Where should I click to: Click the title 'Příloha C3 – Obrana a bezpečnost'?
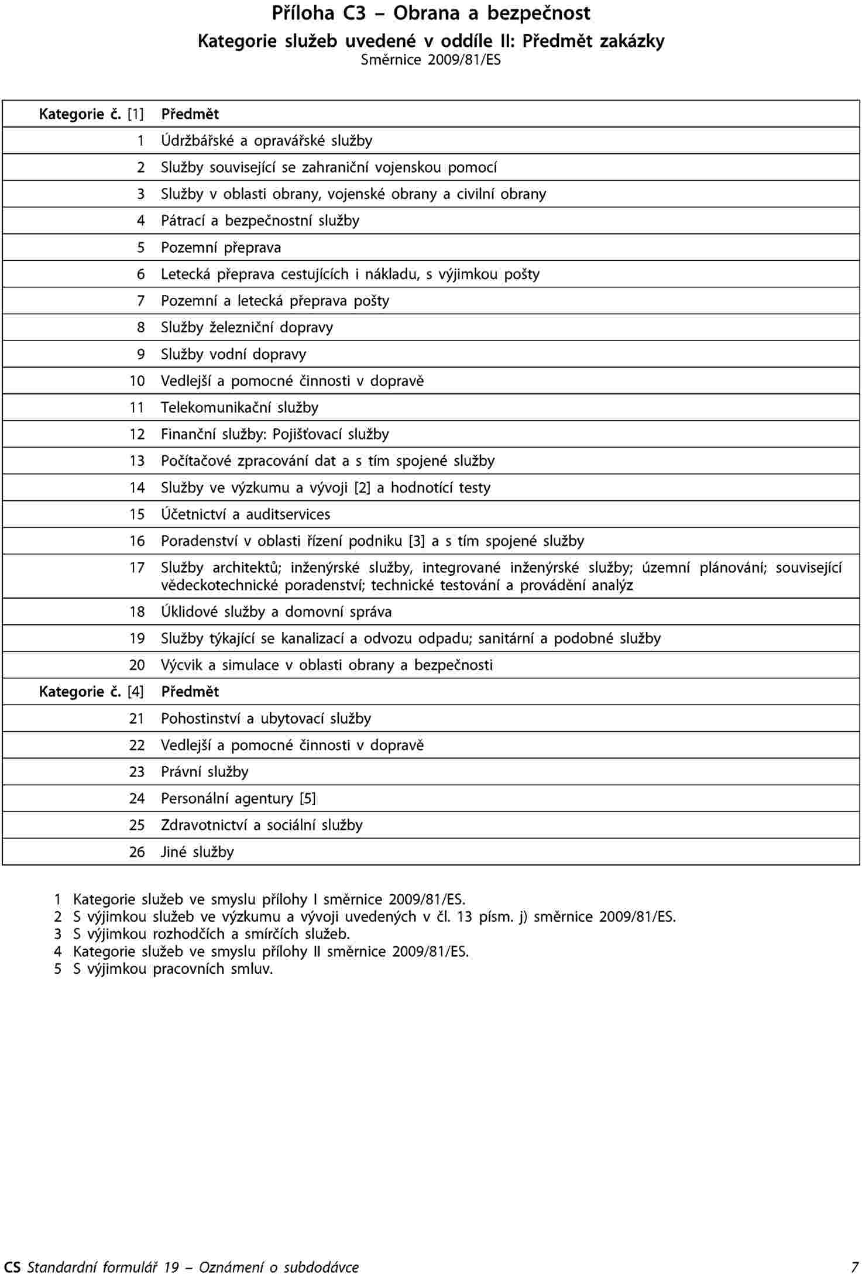coord(431,13)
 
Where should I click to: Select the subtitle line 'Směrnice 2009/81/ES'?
coord(431,60)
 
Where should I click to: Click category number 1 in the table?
coord(140,141)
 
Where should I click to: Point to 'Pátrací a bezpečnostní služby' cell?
coord(260,221)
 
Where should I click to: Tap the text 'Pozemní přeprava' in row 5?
coord(221,248)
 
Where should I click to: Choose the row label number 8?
coord(140,328)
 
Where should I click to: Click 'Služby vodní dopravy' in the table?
coord(233,355)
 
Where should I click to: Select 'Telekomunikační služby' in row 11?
coord(239,408)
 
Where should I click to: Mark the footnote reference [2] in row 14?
coord(362,488)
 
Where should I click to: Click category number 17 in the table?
coord(137,568)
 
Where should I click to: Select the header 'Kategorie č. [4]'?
coord(91,692)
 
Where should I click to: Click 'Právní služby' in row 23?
coord(205,772)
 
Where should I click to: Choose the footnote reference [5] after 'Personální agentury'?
coord(307,799)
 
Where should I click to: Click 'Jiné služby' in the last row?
coord(197,852)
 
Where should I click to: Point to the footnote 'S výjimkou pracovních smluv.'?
coord(173,969)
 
